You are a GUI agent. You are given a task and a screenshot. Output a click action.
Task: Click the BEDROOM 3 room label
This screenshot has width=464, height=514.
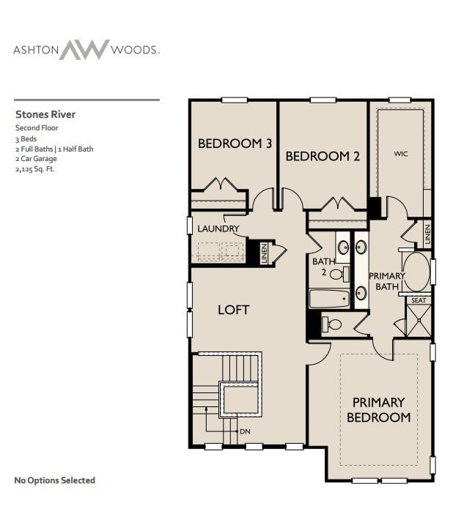[235, 144]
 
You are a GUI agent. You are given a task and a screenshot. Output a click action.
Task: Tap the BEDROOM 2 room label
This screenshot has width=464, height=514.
[323, 155]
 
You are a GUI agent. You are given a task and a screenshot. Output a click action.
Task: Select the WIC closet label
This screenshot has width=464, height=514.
[400, 154]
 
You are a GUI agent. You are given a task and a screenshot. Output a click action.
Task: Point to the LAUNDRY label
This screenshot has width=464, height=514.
[218, 228]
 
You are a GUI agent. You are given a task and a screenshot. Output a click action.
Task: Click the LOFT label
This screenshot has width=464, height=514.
[233, 310]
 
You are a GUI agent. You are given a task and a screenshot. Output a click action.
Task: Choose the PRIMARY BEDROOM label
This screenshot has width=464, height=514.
[378, 409]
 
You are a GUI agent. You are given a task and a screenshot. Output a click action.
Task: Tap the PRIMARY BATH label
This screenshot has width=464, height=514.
[386, 281]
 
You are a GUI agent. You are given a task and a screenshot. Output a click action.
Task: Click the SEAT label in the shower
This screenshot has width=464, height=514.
[418, 300]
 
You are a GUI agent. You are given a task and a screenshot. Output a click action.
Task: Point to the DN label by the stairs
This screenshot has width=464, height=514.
[245, 431]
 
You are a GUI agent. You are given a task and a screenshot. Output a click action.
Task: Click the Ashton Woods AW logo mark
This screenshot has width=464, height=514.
[84, 50]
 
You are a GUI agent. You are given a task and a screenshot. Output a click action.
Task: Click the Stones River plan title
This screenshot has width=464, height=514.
[45, 114]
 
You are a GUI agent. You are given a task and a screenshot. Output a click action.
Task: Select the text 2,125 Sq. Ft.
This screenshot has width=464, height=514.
[35, 168]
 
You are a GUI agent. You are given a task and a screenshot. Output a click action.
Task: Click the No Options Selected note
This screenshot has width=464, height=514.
[55, 480]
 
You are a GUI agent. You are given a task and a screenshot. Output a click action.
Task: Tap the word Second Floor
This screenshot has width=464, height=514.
[37, 127]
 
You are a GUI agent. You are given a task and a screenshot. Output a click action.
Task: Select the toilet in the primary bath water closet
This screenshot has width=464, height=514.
[332, 323]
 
